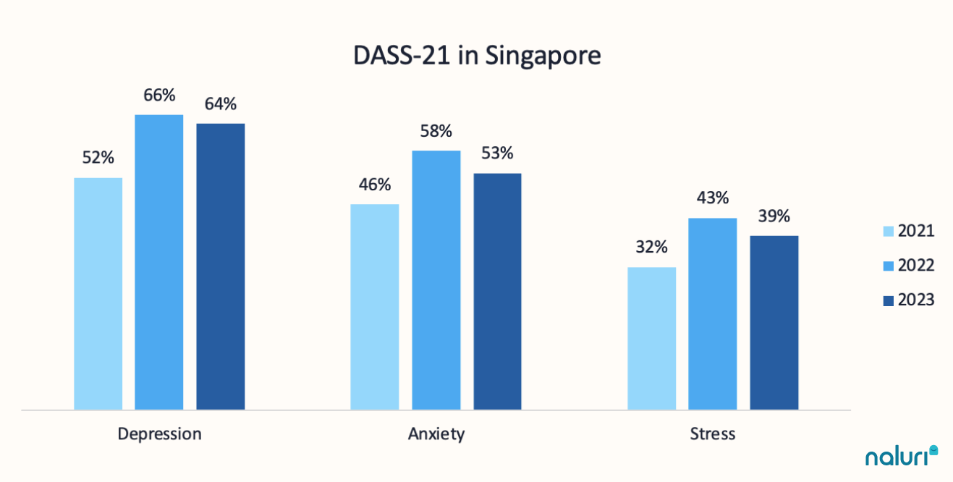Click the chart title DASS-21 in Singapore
(477, 56)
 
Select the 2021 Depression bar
(98, 293)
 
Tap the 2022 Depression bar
(159, 262)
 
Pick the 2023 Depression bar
(221, 266)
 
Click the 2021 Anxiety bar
(375, 307)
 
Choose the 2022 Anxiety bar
(436, 280)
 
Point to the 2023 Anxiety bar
(498, 291)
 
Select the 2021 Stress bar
(652, 338)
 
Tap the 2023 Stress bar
(774, 322)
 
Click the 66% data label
(159, 96)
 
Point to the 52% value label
(98, 158)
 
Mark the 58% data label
(436, 132)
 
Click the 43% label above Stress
(713, 198)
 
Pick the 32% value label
(651, 248)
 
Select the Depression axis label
(159, 434)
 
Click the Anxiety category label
(436, 434)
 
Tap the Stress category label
(713, 434)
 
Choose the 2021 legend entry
(909, 231)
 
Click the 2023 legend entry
(909, 300)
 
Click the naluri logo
(902, 456)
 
